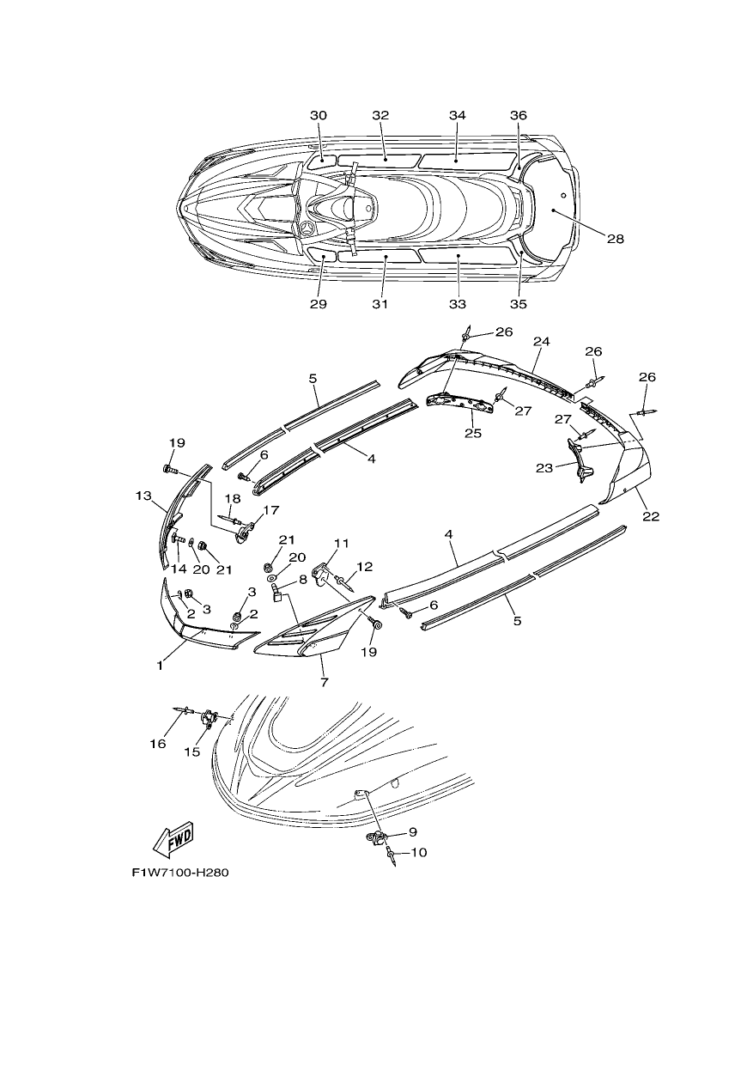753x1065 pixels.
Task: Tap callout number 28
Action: [x=615, y=239]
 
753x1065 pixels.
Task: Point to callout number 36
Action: [x=519, y=116]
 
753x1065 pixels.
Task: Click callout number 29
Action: [x=319, y=304]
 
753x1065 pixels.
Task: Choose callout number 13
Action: [x=143, y=496]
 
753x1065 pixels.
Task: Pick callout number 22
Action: [x=652, y=516]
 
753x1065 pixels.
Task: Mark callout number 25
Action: [x=473, y=433]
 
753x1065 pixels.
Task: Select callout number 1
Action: [x=160, y=666]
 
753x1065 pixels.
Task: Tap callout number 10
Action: [x=418, y=853]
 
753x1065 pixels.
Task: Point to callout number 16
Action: [x=158, y=744]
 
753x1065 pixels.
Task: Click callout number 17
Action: [x=271, y=510]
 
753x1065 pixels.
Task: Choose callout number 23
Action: [x=544, y=468]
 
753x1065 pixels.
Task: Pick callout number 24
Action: [x=542, y=341]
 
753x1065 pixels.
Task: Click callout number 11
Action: [x=342, y=543]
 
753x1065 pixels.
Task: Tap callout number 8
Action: [x=303, y=581]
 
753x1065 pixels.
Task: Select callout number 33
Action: [x=458, y=304]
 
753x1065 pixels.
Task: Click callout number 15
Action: [x=192, y=752]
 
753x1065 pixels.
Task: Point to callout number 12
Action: [x=365, y=567]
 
